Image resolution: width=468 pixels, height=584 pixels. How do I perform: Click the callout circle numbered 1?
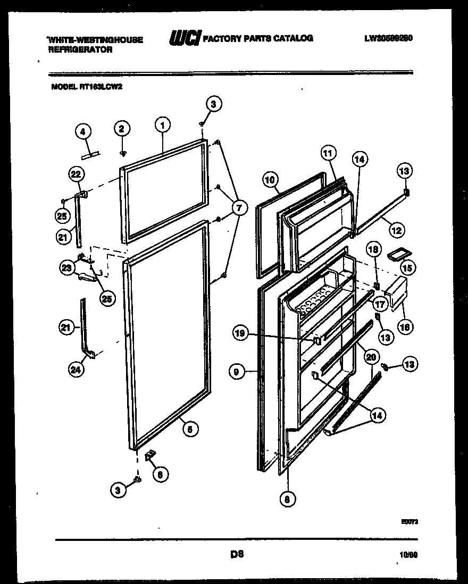click(163, 126)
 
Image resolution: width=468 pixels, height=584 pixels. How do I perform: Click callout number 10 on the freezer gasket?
click(271, 180)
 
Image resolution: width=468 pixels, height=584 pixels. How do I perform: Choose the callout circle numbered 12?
click(396, 231)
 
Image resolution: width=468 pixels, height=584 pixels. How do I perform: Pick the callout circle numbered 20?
click(371, 358)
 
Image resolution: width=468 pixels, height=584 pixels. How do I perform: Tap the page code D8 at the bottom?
click(237, 554)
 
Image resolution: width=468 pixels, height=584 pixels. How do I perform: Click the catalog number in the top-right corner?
click(389, 38)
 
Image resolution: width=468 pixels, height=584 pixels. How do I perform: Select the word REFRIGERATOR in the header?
click(81, 49)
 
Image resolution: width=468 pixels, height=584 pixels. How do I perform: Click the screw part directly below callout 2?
click(122, 153)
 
